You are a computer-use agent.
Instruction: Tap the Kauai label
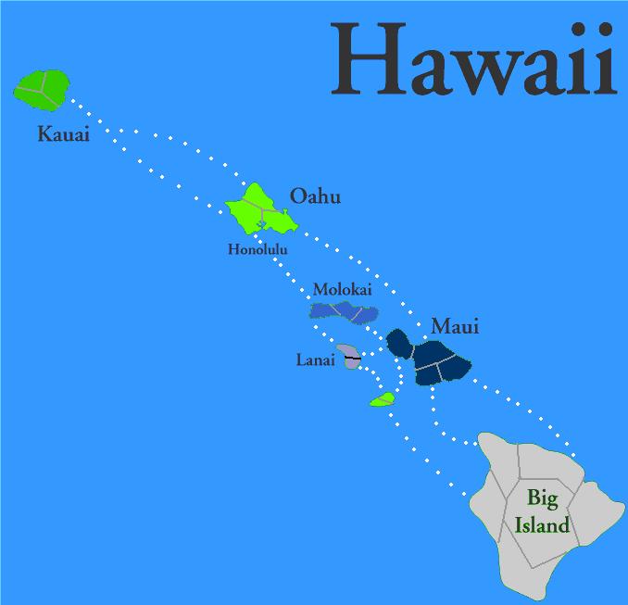(x=63, y=135)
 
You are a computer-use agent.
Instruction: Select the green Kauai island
(x=41, y=88)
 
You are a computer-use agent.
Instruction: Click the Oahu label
(x=315, y=196)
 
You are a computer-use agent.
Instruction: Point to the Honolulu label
(x=257, y=248)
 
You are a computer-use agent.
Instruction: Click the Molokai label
(x=342, y=290)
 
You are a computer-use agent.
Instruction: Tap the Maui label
(x=455, y=326)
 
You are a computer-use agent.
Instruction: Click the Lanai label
(x=315, y=359)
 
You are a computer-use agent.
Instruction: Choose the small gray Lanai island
(x=350, y=357)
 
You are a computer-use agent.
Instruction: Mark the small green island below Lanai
(x=382, y=399)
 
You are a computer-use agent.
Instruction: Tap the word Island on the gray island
(x=542, y=527)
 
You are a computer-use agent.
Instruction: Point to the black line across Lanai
(x=352, y=358)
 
